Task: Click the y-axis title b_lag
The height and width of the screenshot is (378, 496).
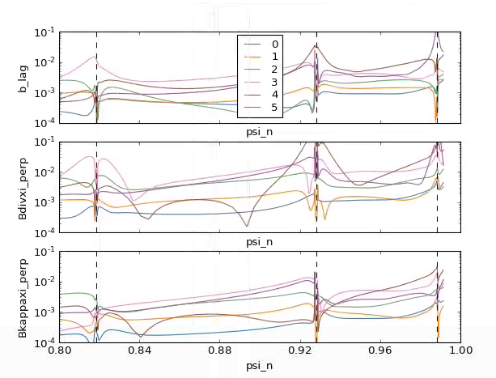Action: coord(23,78)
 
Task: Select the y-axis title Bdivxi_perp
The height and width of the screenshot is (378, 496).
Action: coord(23,188)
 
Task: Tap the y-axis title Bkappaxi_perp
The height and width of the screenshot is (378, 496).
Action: coord(23,298)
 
